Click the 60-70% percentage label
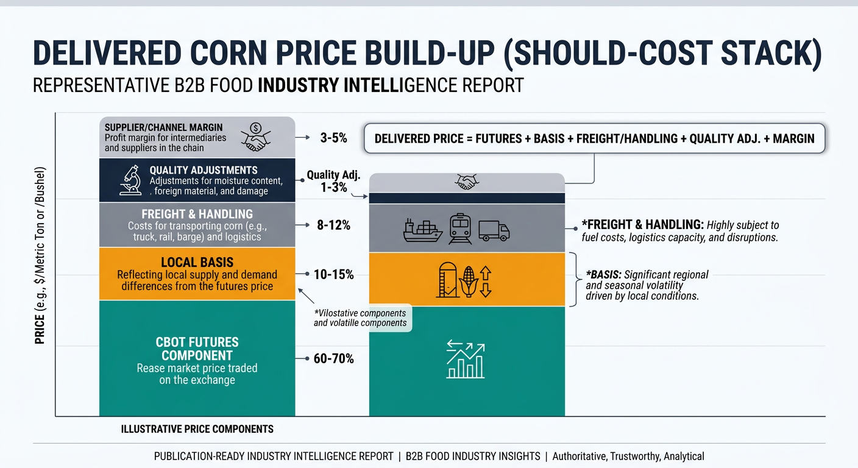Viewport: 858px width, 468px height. [333, 359]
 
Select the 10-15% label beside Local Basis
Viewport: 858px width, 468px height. [333, 275]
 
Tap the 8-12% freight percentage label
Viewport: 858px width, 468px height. [333, 225]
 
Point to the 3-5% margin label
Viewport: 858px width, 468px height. [333, 138]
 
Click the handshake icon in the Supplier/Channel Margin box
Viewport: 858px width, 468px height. [256, 137]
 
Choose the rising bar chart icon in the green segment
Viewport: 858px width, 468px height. [466, 360]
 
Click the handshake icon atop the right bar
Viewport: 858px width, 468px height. [467, 182]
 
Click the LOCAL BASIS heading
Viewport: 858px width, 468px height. [197, 262]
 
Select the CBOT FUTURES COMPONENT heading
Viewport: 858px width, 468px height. [197, 349]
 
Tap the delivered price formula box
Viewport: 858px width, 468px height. [594, 138]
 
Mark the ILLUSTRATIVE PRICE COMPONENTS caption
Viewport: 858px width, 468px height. [197, 429]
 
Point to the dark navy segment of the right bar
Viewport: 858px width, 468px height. [467, 198]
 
